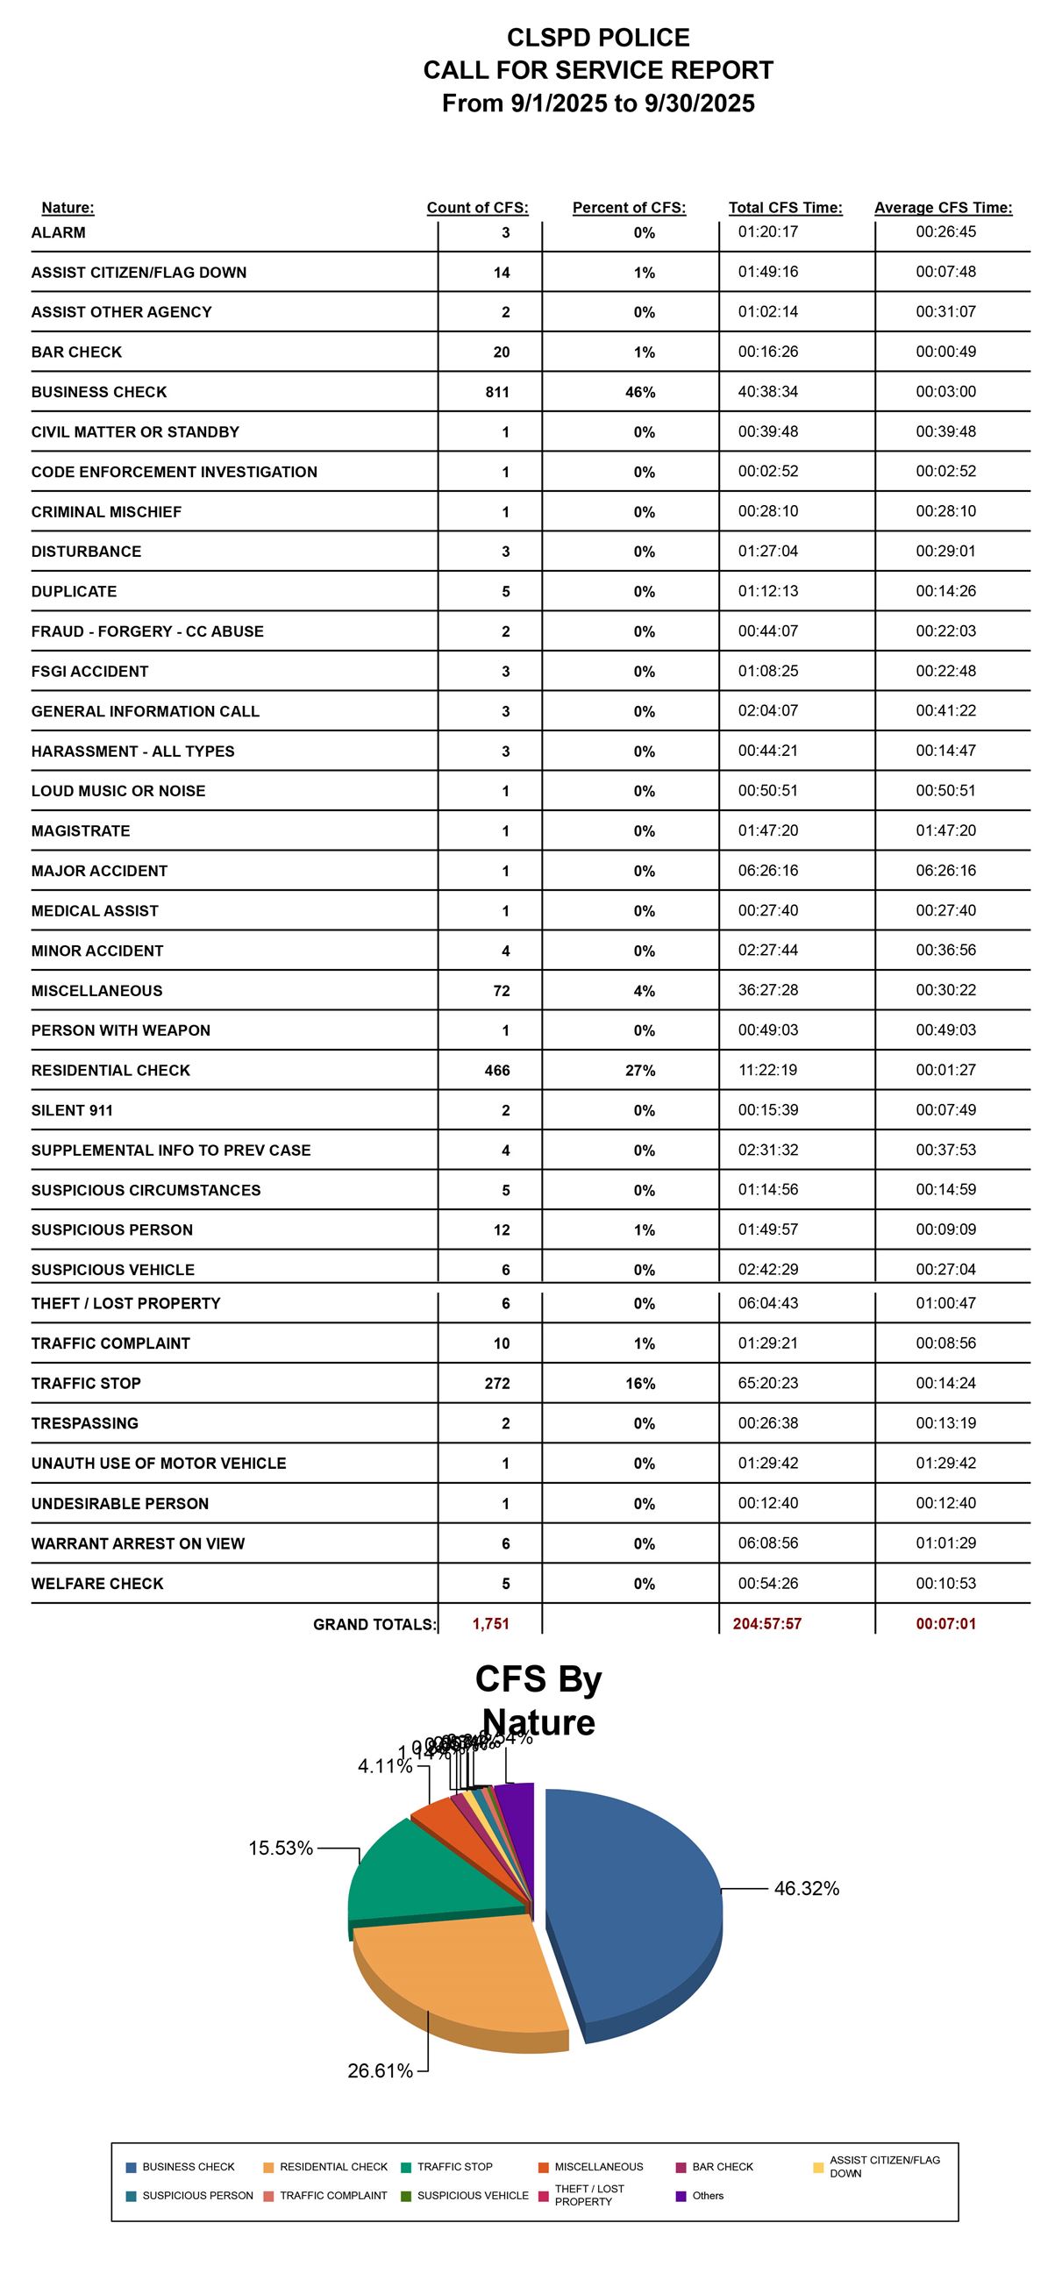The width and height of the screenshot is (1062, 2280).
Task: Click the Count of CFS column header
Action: coord(477,208)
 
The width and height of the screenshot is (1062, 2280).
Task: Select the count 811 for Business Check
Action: coord(497,392)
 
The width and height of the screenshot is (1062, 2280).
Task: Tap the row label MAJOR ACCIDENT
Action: coord(99,871)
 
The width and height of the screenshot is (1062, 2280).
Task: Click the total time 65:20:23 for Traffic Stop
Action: coord(767,1383)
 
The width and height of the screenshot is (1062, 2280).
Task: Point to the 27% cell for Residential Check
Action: coord(640,1070)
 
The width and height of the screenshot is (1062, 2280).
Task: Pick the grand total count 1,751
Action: coord(490,1623)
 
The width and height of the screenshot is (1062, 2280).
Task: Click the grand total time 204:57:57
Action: coord(766,1623)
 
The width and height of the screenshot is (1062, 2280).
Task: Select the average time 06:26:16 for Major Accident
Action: coord(945,871)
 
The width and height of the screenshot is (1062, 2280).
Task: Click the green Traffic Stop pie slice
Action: coord(416,1868)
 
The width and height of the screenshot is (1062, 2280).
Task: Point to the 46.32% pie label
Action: coord(805,1889)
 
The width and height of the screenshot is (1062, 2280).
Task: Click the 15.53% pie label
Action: coord(281,1848)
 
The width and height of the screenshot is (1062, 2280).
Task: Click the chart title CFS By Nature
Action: coord(538,1700)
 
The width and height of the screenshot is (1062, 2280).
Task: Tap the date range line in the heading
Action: coord(598,103)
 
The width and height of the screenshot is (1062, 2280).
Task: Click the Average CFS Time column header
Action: coord(943,208)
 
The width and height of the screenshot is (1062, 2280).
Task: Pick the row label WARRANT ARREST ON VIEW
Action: coord(138,1543)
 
